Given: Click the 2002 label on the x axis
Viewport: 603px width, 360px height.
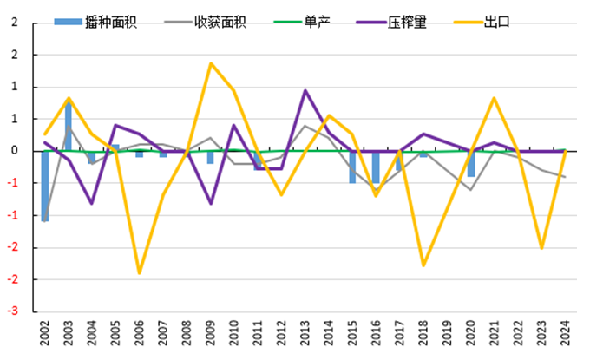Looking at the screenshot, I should [x=45, y=335].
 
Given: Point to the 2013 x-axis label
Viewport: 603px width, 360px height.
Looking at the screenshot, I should [x=305, y=335].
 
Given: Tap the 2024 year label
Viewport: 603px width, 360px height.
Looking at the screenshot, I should [x=566, y=335].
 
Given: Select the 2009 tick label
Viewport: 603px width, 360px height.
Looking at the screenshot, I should [x=211, y=335].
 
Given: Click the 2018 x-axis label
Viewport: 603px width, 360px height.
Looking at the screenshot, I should [x=424, y=335].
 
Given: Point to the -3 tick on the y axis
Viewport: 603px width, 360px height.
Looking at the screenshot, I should [x=14, y=311].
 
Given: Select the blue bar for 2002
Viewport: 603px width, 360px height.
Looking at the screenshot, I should [x=45, y=186].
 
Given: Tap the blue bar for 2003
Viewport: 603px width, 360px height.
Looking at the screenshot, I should [x=69, y=127].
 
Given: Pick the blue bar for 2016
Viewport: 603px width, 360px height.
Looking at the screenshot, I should [x=377, y=168].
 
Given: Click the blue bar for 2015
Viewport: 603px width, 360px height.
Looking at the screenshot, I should [x=352, y=167].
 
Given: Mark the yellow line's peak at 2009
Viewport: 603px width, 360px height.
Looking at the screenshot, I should [x=211, y=63].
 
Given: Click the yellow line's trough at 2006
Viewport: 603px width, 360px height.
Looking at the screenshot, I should [x=140, y=273].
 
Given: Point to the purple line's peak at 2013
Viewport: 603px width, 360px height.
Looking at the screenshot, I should [x=305, y=90].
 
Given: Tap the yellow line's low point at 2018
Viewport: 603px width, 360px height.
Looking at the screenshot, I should [x=424, y=265].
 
